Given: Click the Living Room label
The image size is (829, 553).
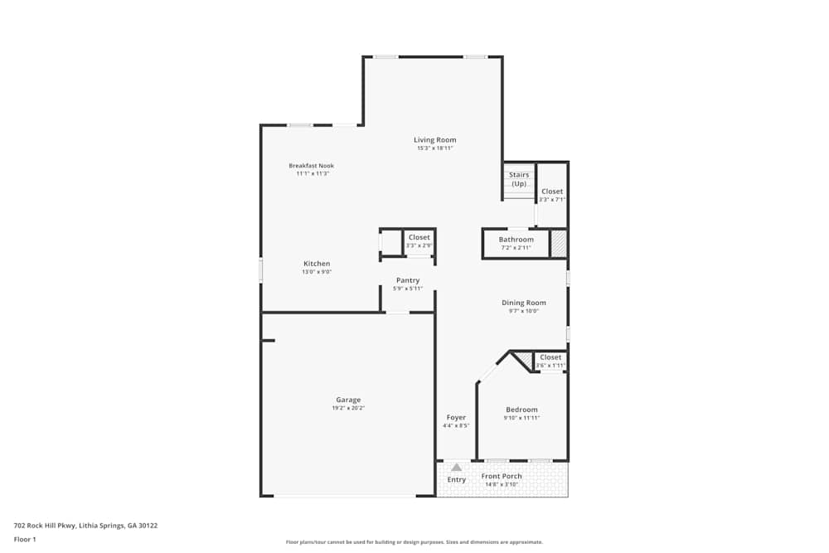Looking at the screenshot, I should point(435,140).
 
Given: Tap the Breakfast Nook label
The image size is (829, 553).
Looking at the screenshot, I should point(311,166).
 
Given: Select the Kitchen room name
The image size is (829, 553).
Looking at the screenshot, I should point(316,264).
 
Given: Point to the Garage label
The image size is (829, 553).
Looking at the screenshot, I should point(347,400).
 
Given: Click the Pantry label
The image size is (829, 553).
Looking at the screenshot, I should point(407,280).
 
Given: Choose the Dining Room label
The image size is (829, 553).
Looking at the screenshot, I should point(524,303).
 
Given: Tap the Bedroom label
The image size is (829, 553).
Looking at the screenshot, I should point(521,410).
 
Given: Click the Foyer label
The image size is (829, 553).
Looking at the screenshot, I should point(456,417).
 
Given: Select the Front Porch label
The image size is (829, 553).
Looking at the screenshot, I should point(502,476).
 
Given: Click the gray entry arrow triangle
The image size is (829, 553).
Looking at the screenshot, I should point(456,468).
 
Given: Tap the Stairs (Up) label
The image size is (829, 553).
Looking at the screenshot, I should point(519,179).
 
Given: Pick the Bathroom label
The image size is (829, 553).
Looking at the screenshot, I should point(516,240).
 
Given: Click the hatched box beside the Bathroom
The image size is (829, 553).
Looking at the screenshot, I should point(559,244).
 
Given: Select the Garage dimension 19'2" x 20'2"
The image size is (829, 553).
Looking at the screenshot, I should point(347,408).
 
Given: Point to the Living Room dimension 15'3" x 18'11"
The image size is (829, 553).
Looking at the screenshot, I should point(435,148).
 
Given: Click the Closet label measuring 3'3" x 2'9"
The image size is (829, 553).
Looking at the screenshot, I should point(419,237).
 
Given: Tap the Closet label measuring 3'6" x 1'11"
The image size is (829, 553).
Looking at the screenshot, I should point(550,357).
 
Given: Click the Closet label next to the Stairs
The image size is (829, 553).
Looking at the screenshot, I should point(552,192).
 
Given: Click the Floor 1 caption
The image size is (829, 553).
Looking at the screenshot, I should point(25,539).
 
